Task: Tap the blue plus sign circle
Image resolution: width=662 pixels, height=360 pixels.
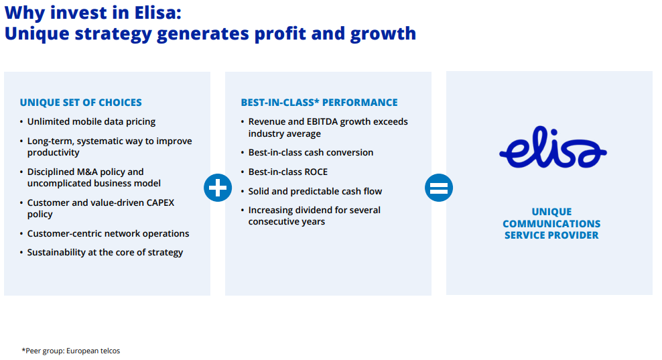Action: pyautogui.click(x=218, y=188)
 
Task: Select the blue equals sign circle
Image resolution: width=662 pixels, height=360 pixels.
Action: pyautogui.click(x=439, y=188)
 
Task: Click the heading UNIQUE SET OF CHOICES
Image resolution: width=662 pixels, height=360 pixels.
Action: pyautogui.click(x=80, y=103)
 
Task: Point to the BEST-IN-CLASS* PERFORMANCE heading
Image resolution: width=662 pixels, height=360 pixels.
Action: pyautogui.click(x=319, y=103)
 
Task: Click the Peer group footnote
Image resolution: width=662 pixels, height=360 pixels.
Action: pyautogui.click(x=71, y=351)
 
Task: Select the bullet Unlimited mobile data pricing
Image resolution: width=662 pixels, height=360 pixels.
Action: pyautogui.click(x=91, y=122)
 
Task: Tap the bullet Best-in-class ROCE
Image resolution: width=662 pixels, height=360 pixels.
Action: pyautogui.click(x=288, y=172)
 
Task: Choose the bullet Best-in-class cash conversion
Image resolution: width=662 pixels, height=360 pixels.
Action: pyautogui.click(x=311, y=153)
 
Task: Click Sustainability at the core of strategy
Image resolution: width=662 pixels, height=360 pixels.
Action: pyautogui.click(x=105, y=253)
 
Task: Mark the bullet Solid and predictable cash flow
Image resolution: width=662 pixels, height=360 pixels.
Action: pyautogui.click(x=315, y=192)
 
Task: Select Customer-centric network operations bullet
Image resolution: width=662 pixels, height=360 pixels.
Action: pyautogui.click(x=108, y=234)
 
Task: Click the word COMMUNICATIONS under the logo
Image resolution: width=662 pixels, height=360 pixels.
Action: pyautogui.click(x=551, y=223)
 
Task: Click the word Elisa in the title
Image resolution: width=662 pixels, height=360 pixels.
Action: pyautogui.click(x=158, y=13)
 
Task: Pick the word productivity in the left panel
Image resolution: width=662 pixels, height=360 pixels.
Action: pyautogui.click(x=53, y=153)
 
